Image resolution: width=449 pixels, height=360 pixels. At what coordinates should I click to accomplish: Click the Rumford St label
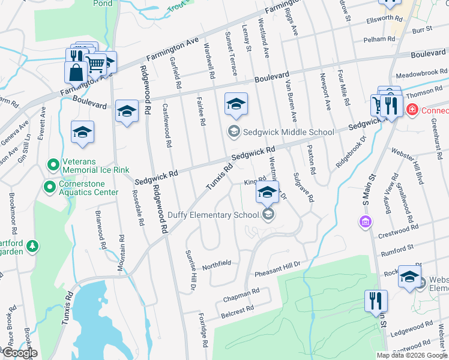397,247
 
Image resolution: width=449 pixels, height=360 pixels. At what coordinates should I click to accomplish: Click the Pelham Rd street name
384,39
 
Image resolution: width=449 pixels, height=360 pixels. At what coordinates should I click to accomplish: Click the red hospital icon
412,110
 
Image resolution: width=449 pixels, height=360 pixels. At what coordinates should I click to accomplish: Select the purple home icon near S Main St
364,223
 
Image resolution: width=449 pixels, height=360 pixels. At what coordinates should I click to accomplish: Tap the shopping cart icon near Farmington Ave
95,62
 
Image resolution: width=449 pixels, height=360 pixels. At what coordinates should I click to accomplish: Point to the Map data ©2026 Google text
412,355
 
